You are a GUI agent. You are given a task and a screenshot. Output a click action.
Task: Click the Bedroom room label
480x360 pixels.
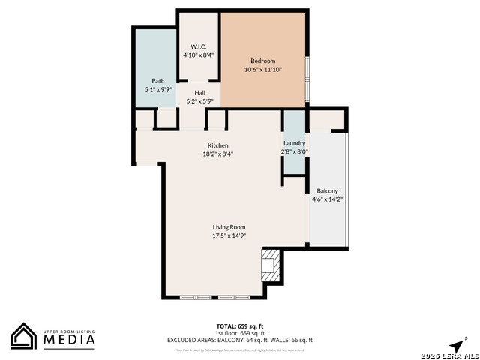coord(262,61)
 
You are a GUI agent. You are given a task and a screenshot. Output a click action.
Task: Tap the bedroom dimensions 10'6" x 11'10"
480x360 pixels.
coord(262,70)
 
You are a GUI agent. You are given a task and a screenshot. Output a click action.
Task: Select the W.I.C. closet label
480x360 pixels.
coord(199,46)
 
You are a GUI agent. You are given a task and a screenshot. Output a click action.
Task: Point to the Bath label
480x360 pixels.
coord(158,81)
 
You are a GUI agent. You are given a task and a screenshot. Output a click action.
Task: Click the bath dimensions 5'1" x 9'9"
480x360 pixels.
coord(158,89)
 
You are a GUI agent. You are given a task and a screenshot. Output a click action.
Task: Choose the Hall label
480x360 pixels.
coord(200,93)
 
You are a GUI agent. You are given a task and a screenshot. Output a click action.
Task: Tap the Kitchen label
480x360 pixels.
coord(218,145)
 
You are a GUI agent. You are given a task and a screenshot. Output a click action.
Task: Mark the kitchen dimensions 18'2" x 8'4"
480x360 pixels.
coord(218,154)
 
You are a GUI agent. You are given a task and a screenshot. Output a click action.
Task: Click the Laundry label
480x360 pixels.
coord(295,143)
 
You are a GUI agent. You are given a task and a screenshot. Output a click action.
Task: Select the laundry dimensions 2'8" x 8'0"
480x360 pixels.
coord(295,151)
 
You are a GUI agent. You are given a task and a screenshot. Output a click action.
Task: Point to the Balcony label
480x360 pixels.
coord(327,190)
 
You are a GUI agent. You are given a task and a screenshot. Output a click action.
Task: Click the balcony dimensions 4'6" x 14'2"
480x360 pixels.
coord(328,199)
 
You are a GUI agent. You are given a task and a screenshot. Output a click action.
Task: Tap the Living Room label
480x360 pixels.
coord(229,227)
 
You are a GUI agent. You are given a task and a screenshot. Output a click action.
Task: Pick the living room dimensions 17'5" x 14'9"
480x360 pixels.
coord(229,235)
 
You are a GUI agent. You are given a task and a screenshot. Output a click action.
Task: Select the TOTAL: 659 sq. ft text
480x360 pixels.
coord(239,326)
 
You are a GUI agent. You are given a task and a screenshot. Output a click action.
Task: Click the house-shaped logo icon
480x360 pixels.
coord(24,336)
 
